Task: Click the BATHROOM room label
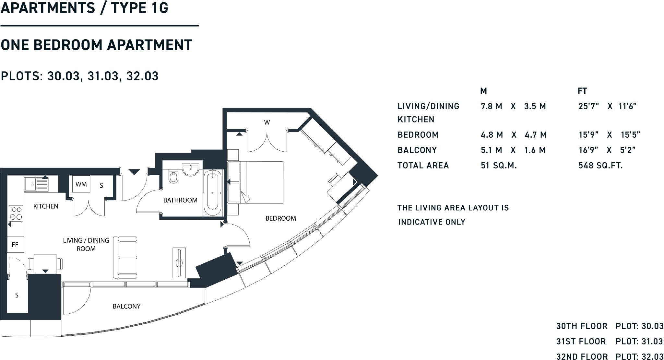pos(180,200)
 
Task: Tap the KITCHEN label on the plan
pos(46,206)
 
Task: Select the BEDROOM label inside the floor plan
pos(280,218)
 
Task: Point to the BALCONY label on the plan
pos(126,306)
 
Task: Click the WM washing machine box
pos(81,184)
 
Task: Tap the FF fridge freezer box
pos(15,245)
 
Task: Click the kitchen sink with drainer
pos(36,185)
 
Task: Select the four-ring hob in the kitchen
pos(16,213)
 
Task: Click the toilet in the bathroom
pos(173,177)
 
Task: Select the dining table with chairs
pos(45,263)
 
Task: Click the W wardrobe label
pos(267,122)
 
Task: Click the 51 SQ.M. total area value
pos(499,166)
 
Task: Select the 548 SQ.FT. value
pos(600,166)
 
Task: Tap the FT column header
pos(582,91)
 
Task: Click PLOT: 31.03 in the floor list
pos(639,341)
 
